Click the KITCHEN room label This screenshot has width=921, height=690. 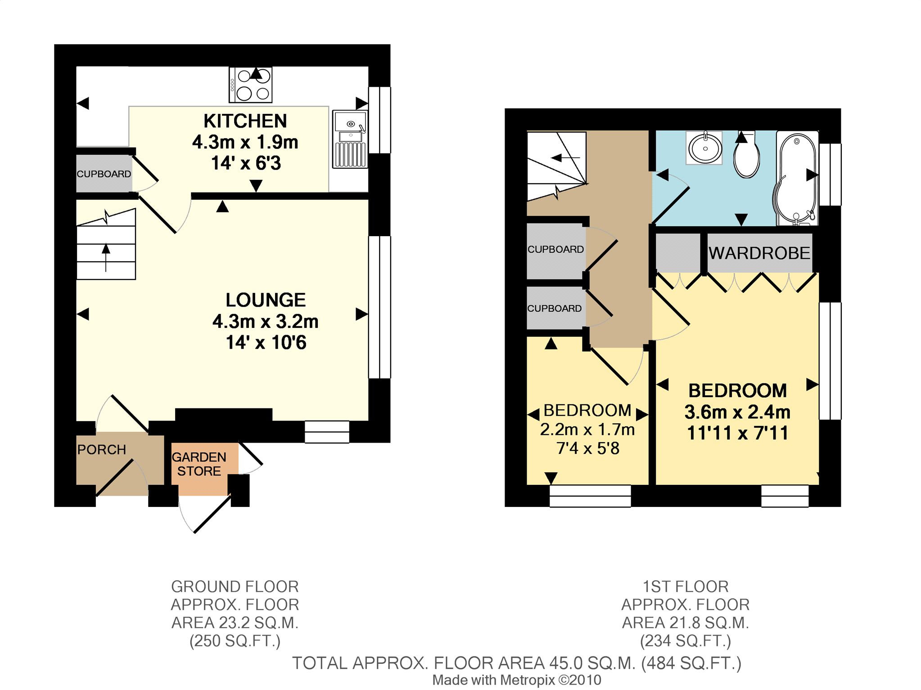(245, 121)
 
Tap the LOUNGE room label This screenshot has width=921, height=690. (266, 300)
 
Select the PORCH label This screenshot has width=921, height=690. (102, 449)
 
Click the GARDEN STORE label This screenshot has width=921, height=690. (199, 464)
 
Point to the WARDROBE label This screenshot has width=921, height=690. (759, 253)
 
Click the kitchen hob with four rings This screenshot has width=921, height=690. (251, 85)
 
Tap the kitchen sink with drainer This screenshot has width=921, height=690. (350, 139)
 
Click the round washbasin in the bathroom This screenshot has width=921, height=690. (704, 148)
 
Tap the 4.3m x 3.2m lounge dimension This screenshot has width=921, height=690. (266, 322)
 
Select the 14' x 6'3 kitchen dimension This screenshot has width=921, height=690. (246, 163)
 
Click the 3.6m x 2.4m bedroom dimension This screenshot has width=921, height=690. (737, 412)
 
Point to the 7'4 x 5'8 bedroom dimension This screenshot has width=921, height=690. (588, 448)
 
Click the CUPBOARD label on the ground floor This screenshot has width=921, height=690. (104, 174)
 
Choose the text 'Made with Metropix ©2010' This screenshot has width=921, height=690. (517, 680)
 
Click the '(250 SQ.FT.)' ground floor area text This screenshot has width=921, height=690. (235, 641)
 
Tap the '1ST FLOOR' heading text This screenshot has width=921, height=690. (686, 587)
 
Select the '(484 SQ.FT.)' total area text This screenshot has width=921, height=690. (691, 663)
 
